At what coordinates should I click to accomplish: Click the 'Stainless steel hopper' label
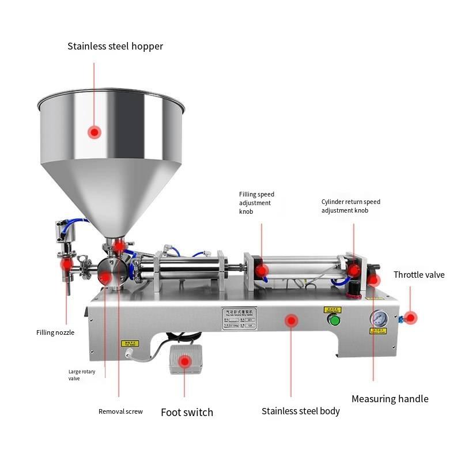point(115,46)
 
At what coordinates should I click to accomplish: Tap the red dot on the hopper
point(95,132)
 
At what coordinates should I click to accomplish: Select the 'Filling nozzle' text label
point(55,332)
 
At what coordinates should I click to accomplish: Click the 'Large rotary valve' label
point(82,375)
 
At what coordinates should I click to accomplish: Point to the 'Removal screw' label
point(120,411)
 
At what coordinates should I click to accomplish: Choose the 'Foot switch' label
point(187,412)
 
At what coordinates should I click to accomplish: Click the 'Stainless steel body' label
point(300,411)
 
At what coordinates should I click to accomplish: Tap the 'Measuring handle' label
point(390,399)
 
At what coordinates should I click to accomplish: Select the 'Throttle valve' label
point(419,275)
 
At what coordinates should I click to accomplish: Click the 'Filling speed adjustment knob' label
point(256,203)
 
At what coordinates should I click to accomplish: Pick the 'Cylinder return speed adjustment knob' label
point(350,206)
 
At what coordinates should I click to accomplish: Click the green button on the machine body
point(332,321)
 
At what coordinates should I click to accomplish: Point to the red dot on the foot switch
point(184,362)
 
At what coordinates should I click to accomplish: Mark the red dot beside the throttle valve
point(410,317)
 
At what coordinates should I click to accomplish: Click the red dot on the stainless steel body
point(292,320)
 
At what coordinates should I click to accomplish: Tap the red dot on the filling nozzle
point(67,264)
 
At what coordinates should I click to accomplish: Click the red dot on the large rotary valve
point(105,278)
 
